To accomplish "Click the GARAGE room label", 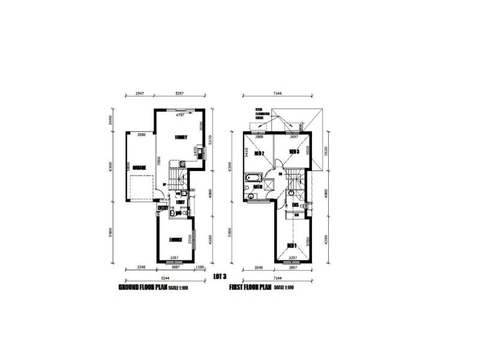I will click(x=139, y=167).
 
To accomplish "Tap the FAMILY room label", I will click(x=181, y=137).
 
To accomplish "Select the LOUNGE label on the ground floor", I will click(x=176, y=240).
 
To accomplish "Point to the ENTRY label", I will click(x=162, y=208).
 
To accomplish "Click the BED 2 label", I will click(x=260, y=153).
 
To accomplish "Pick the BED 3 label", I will click(x=294, y=151).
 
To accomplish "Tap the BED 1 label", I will click(x=292, y=245).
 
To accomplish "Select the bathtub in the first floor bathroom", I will click(x=253, y=178).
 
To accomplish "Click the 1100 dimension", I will click(x=200, y=267).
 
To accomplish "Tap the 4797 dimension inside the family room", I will click(x=179, y=115).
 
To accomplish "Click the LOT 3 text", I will click(x=220, y=276).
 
